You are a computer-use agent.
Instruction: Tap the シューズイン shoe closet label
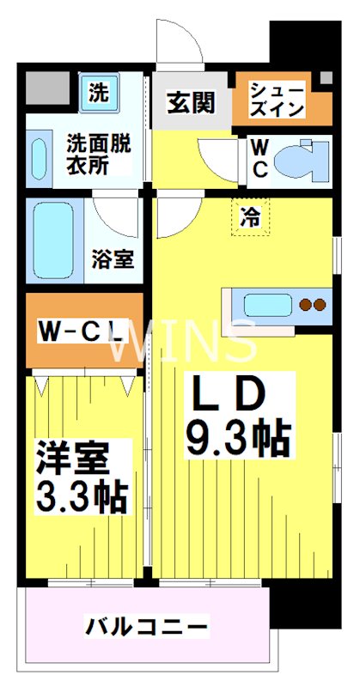tap(277, 100)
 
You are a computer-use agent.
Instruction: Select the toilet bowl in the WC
tap(302, 158)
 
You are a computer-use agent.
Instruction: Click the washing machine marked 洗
tap(99, 93)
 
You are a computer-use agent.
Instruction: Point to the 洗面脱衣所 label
tap(99, 155)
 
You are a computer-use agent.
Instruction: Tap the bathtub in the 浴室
tap(53, 240)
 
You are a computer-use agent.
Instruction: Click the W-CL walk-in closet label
tap(80, 332)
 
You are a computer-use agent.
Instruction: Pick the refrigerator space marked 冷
tap(250, 216)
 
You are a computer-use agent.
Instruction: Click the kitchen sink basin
tap(268, 306)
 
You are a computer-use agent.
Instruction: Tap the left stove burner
tap(305, 304)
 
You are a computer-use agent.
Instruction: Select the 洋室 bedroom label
tap(72, 459)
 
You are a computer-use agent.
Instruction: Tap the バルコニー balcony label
tap(146, 627)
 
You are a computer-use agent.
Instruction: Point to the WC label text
tap(259, 158)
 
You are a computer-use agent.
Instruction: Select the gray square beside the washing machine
tap(47, 88)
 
